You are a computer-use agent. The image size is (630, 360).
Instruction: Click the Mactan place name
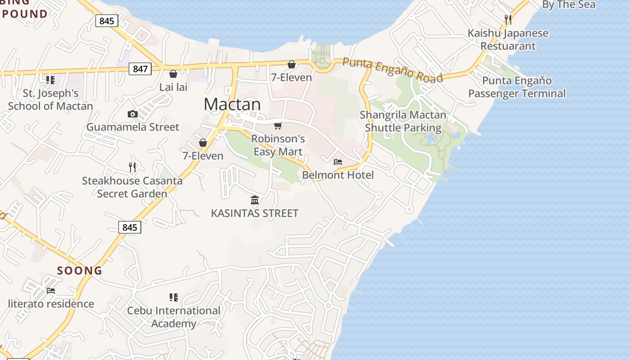click(232, 104)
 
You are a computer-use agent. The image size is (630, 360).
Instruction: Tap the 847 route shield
click(140, 69)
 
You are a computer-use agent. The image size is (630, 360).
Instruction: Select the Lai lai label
click(173, 87)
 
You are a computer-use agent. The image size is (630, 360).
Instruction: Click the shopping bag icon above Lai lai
click(173, 74)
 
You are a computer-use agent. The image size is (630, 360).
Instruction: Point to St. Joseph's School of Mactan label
click(50, 100)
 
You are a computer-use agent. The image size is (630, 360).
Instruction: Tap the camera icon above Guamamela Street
click(132, 114)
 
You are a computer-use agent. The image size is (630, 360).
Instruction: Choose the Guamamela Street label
click(133, 127)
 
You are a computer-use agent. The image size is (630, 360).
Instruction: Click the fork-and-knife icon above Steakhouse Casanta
click(132, 167)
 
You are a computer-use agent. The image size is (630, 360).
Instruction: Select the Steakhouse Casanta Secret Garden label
click(132, 187)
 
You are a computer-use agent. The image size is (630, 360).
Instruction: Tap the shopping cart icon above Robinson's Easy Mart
click(278, 126)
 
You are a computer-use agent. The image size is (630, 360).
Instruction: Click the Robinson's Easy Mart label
click(278, 145)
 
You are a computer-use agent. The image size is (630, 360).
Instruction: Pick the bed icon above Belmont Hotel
click(338, 162)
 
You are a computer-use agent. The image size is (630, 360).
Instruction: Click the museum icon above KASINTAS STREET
click(255, 200)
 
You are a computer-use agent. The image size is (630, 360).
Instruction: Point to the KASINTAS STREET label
click(255, 213)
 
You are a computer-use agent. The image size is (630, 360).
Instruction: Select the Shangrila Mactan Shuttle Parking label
click(403, 121)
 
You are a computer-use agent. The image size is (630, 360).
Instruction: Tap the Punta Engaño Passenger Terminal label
click(517, 87)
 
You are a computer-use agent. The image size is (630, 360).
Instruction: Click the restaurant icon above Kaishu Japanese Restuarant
click(508, 20)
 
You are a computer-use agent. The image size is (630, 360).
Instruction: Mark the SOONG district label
click(80, 270)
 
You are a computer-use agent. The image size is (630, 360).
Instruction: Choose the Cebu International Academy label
click(174, 317)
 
